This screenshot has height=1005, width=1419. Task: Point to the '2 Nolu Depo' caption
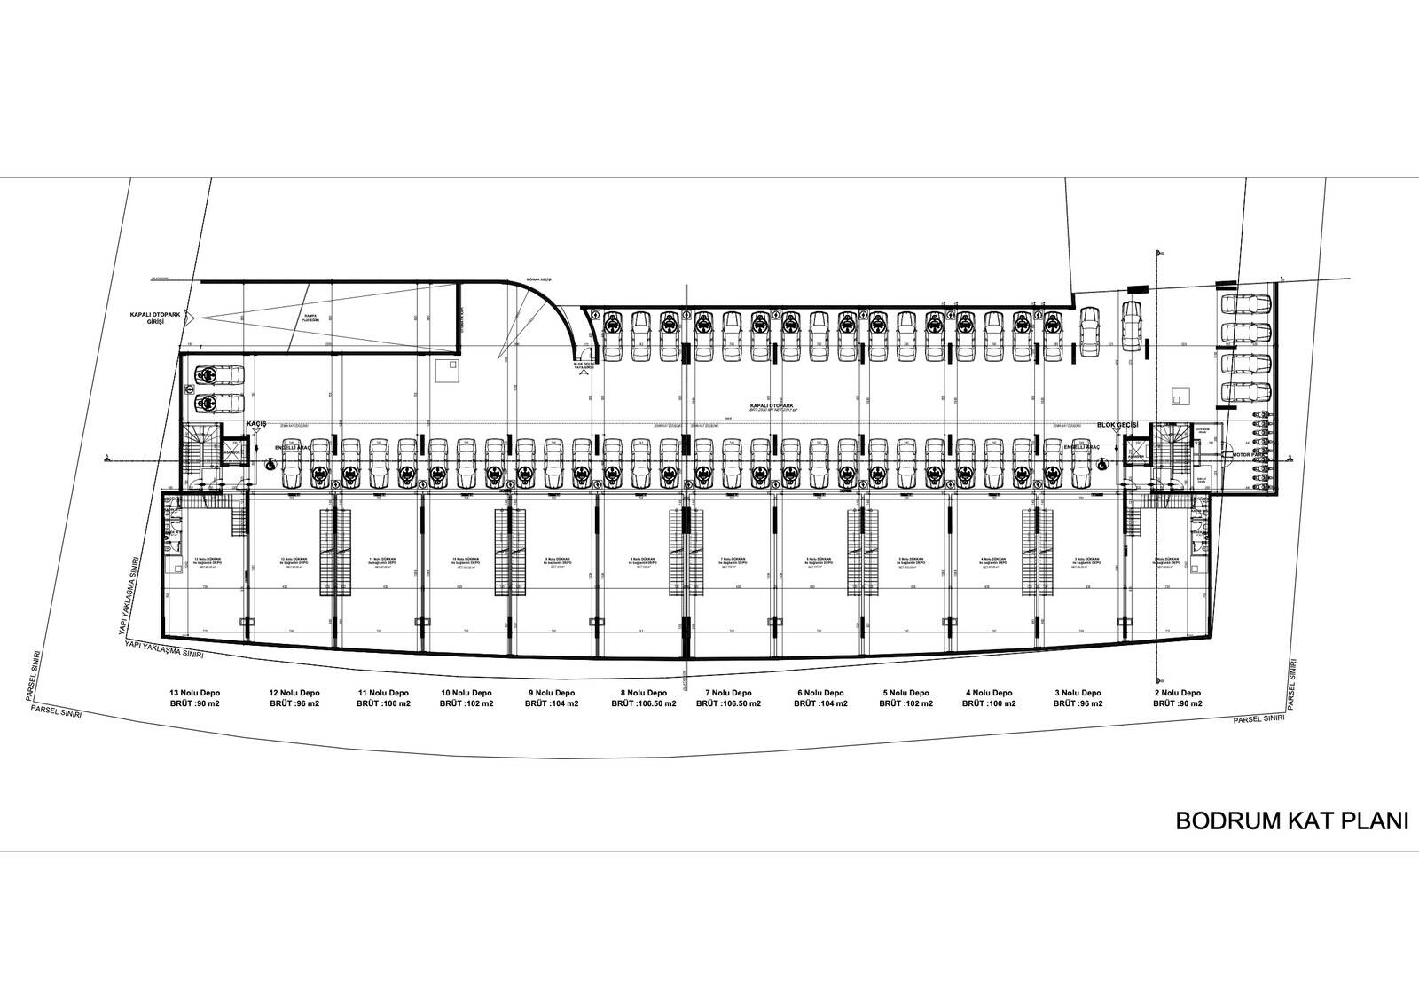click(x=1178, y=693)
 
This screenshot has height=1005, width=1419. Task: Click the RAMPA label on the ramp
click(x=310, y=315)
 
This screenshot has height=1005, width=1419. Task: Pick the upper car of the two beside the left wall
click(x=216, y=376)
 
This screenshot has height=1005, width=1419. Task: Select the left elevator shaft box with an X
click(x=233, y=452)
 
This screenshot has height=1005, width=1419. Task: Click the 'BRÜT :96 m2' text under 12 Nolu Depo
click(x=294, y=704)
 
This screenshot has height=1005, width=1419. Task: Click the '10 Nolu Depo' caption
click(x=466, y=693)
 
